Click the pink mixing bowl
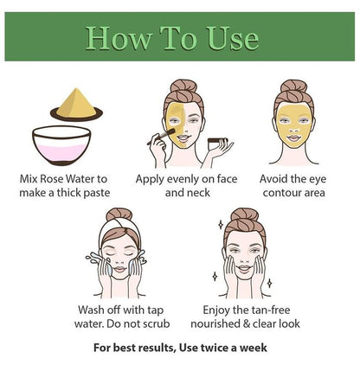coord(64,144)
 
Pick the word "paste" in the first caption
coord(93,192)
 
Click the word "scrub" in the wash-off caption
coord(152,323)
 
